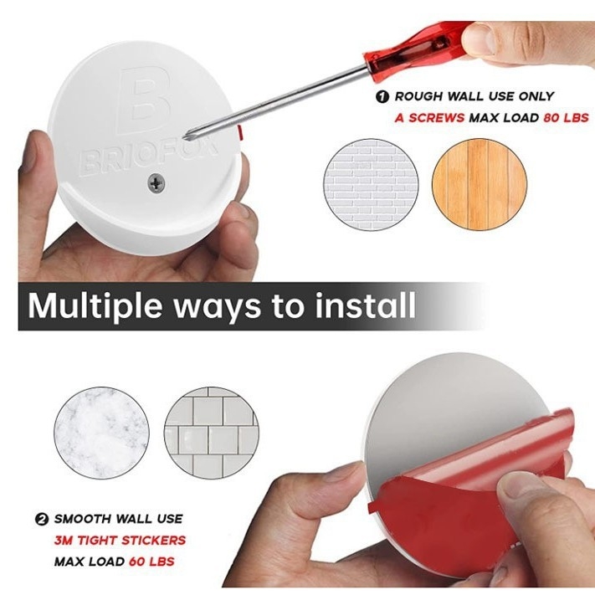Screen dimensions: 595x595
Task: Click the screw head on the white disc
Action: coord(156,183)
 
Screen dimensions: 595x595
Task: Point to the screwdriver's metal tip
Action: coord(187,135)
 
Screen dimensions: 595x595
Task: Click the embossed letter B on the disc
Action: coord(142,100)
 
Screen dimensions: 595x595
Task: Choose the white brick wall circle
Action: coord(371,184)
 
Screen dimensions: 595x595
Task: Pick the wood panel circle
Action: coord(480,184)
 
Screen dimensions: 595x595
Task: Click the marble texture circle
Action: coord(101,433)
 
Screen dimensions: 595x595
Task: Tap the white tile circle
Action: coord(212,433)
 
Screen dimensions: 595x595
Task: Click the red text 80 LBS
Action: coord(566,118)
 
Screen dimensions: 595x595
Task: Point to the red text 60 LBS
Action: coord(151,562)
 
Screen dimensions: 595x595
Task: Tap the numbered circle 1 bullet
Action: coord(382,97)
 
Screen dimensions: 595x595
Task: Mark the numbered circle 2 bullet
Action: coord(41,519)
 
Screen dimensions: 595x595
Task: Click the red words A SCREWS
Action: coord(429,118)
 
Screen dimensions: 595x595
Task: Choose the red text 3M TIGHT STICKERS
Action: coord(120,540)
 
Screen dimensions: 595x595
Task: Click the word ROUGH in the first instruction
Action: coord(418,96)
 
